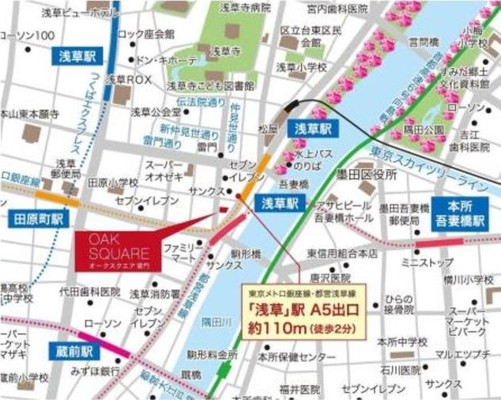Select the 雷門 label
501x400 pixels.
pos(185,147)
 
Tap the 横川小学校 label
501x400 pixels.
pos(472,278)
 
